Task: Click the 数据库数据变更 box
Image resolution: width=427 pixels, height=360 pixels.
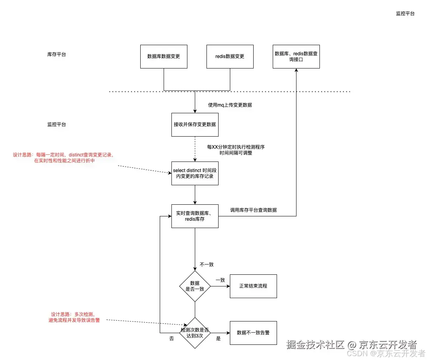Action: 164,56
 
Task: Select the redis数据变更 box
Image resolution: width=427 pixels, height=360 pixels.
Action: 230,56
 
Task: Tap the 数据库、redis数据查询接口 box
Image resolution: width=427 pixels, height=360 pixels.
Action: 296,56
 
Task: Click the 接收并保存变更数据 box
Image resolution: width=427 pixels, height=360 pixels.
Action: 195,125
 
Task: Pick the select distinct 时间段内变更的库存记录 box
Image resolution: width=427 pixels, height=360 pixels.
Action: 195,174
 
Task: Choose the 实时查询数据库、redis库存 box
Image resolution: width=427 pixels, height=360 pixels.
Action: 195,216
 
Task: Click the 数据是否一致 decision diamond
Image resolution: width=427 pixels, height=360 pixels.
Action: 195,286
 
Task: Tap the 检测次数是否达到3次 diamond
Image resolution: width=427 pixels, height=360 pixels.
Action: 195,333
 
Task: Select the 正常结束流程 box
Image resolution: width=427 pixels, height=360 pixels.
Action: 253,286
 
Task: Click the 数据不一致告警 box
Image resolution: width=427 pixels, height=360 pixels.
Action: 253,333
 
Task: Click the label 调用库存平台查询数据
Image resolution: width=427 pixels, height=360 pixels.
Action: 253,210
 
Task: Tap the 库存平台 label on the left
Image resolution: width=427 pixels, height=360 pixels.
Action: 56,54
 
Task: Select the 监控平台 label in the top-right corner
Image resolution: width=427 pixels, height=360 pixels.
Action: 405,14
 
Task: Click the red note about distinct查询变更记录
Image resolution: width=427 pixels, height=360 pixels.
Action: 63,158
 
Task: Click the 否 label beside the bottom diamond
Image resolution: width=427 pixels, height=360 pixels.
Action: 171,339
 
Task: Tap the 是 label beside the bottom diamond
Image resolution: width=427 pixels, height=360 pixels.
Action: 218,339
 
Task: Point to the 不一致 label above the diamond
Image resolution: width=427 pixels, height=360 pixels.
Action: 206,265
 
